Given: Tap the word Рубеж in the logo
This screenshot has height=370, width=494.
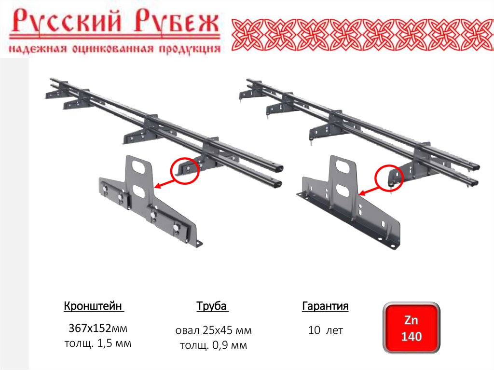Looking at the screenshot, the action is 177,21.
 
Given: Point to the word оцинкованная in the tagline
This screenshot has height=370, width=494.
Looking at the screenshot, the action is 113,49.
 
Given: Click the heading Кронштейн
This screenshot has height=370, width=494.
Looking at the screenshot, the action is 93,306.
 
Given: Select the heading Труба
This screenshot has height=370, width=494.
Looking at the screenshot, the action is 212,306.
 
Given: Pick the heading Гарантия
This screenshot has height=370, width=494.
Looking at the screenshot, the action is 325,306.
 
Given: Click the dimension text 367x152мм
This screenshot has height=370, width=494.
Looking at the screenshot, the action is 97,328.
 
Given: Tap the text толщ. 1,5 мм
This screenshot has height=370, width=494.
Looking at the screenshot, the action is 97,343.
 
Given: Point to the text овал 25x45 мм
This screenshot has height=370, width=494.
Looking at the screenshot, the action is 213,330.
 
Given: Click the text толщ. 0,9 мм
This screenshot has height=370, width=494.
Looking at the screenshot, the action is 213,345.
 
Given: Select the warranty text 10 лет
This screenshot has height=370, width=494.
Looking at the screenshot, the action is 325,330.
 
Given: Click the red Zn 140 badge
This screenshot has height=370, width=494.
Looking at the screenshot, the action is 411,328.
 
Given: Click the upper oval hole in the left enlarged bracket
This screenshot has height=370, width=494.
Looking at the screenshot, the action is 139,167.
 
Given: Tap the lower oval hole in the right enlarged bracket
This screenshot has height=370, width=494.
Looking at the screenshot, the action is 343,190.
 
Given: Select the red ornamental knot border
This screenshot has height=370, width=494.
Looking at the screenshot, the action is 362,35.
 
